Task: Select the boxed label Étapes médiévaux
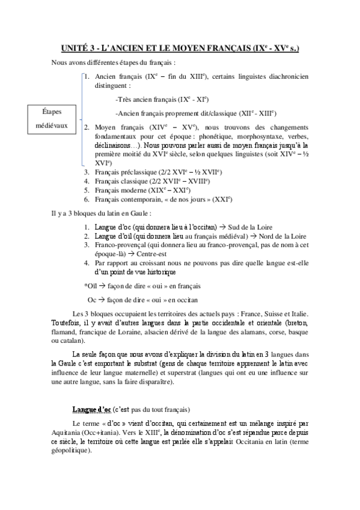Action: coord(52,119)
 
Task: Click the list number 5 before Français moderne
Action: coord(87,190)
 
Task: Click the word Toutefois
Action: coord(68,323)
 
